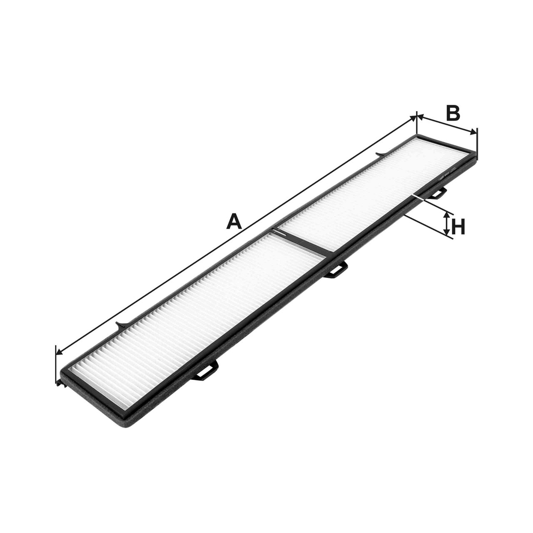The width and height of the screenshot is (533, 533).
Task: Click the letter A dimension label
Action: pyautogui.click(x=234, y=221)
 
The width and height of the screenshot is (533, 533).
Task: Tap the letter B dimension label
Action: pyautogui.click(x=453, y=113)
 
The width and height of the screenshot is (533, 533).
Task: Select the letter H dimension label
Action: pyautogui.click(x=458, y=228)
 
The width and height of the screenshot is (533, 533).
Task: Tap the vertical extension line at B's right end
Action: pyautogui.click(x=477, y=144)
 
